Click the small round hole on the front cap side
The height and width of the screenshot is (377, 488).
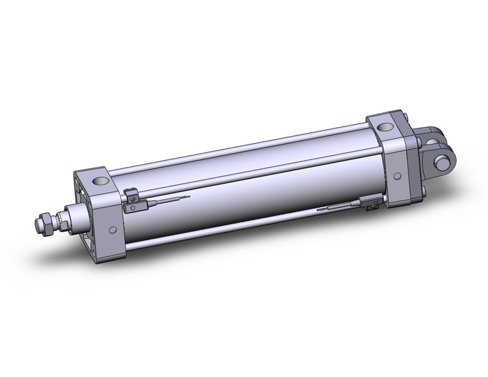pos(113,229)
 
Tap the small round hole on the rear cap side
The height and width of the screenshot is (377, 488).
pos(398,175)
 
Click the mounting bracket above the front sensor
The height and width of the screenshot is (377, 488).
pos(131,193)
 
